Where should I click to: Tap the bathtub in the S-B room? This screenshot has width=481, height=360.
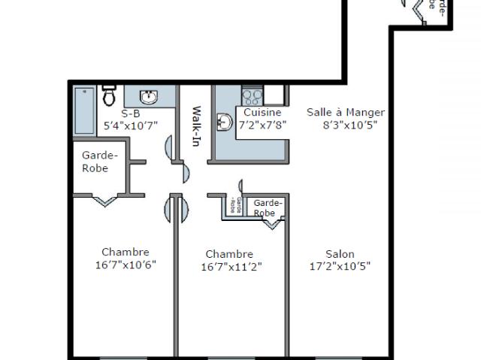(x=83, y=111)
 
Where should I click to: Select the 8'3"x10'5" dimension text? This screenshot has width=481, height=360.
(x=349, y=126)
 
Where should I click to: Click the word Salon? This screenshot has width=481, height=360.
(x=340, y=254)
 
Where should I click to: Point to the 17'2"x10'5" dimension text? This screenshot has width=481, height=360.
(x=340, y=266)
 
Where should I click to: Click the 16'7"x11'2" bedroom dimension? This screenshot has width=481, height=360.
(x=231, y=267)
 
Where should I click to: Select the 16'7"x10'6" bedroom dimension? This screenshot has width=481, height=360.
(x=126, y=265)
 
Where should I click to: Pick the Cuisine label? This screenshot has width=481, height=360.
(x=262, y=113)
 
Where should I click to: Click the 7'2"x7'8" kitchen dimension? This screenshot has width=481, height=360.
(x=262, y=125)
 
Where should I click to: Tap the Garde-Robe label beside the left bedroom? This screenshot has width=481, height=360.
(x=99, y=162)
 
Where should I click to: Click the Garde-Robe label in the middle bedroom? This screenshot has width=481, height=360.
(x=268, y=208)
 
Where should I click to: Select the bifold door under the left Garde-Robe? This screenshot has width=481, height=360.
(x=104, y=199)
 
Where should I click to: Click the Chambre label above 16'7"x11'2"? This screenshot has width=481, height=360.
(x=228, y=254)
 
